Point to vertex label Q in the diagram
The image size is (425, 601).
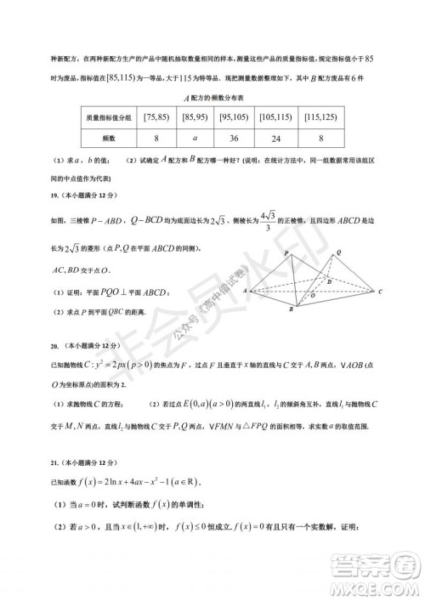pyautogui.click(x=339, y=252)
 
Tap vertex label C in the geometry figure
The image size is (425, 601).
pyautogui.click(x=382, y=292)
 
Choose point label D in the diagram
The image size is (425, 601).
pyautogui.click(x=342, y=281)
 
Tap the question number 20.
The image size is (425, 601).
pyautogui.click(x=31, y=346)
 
